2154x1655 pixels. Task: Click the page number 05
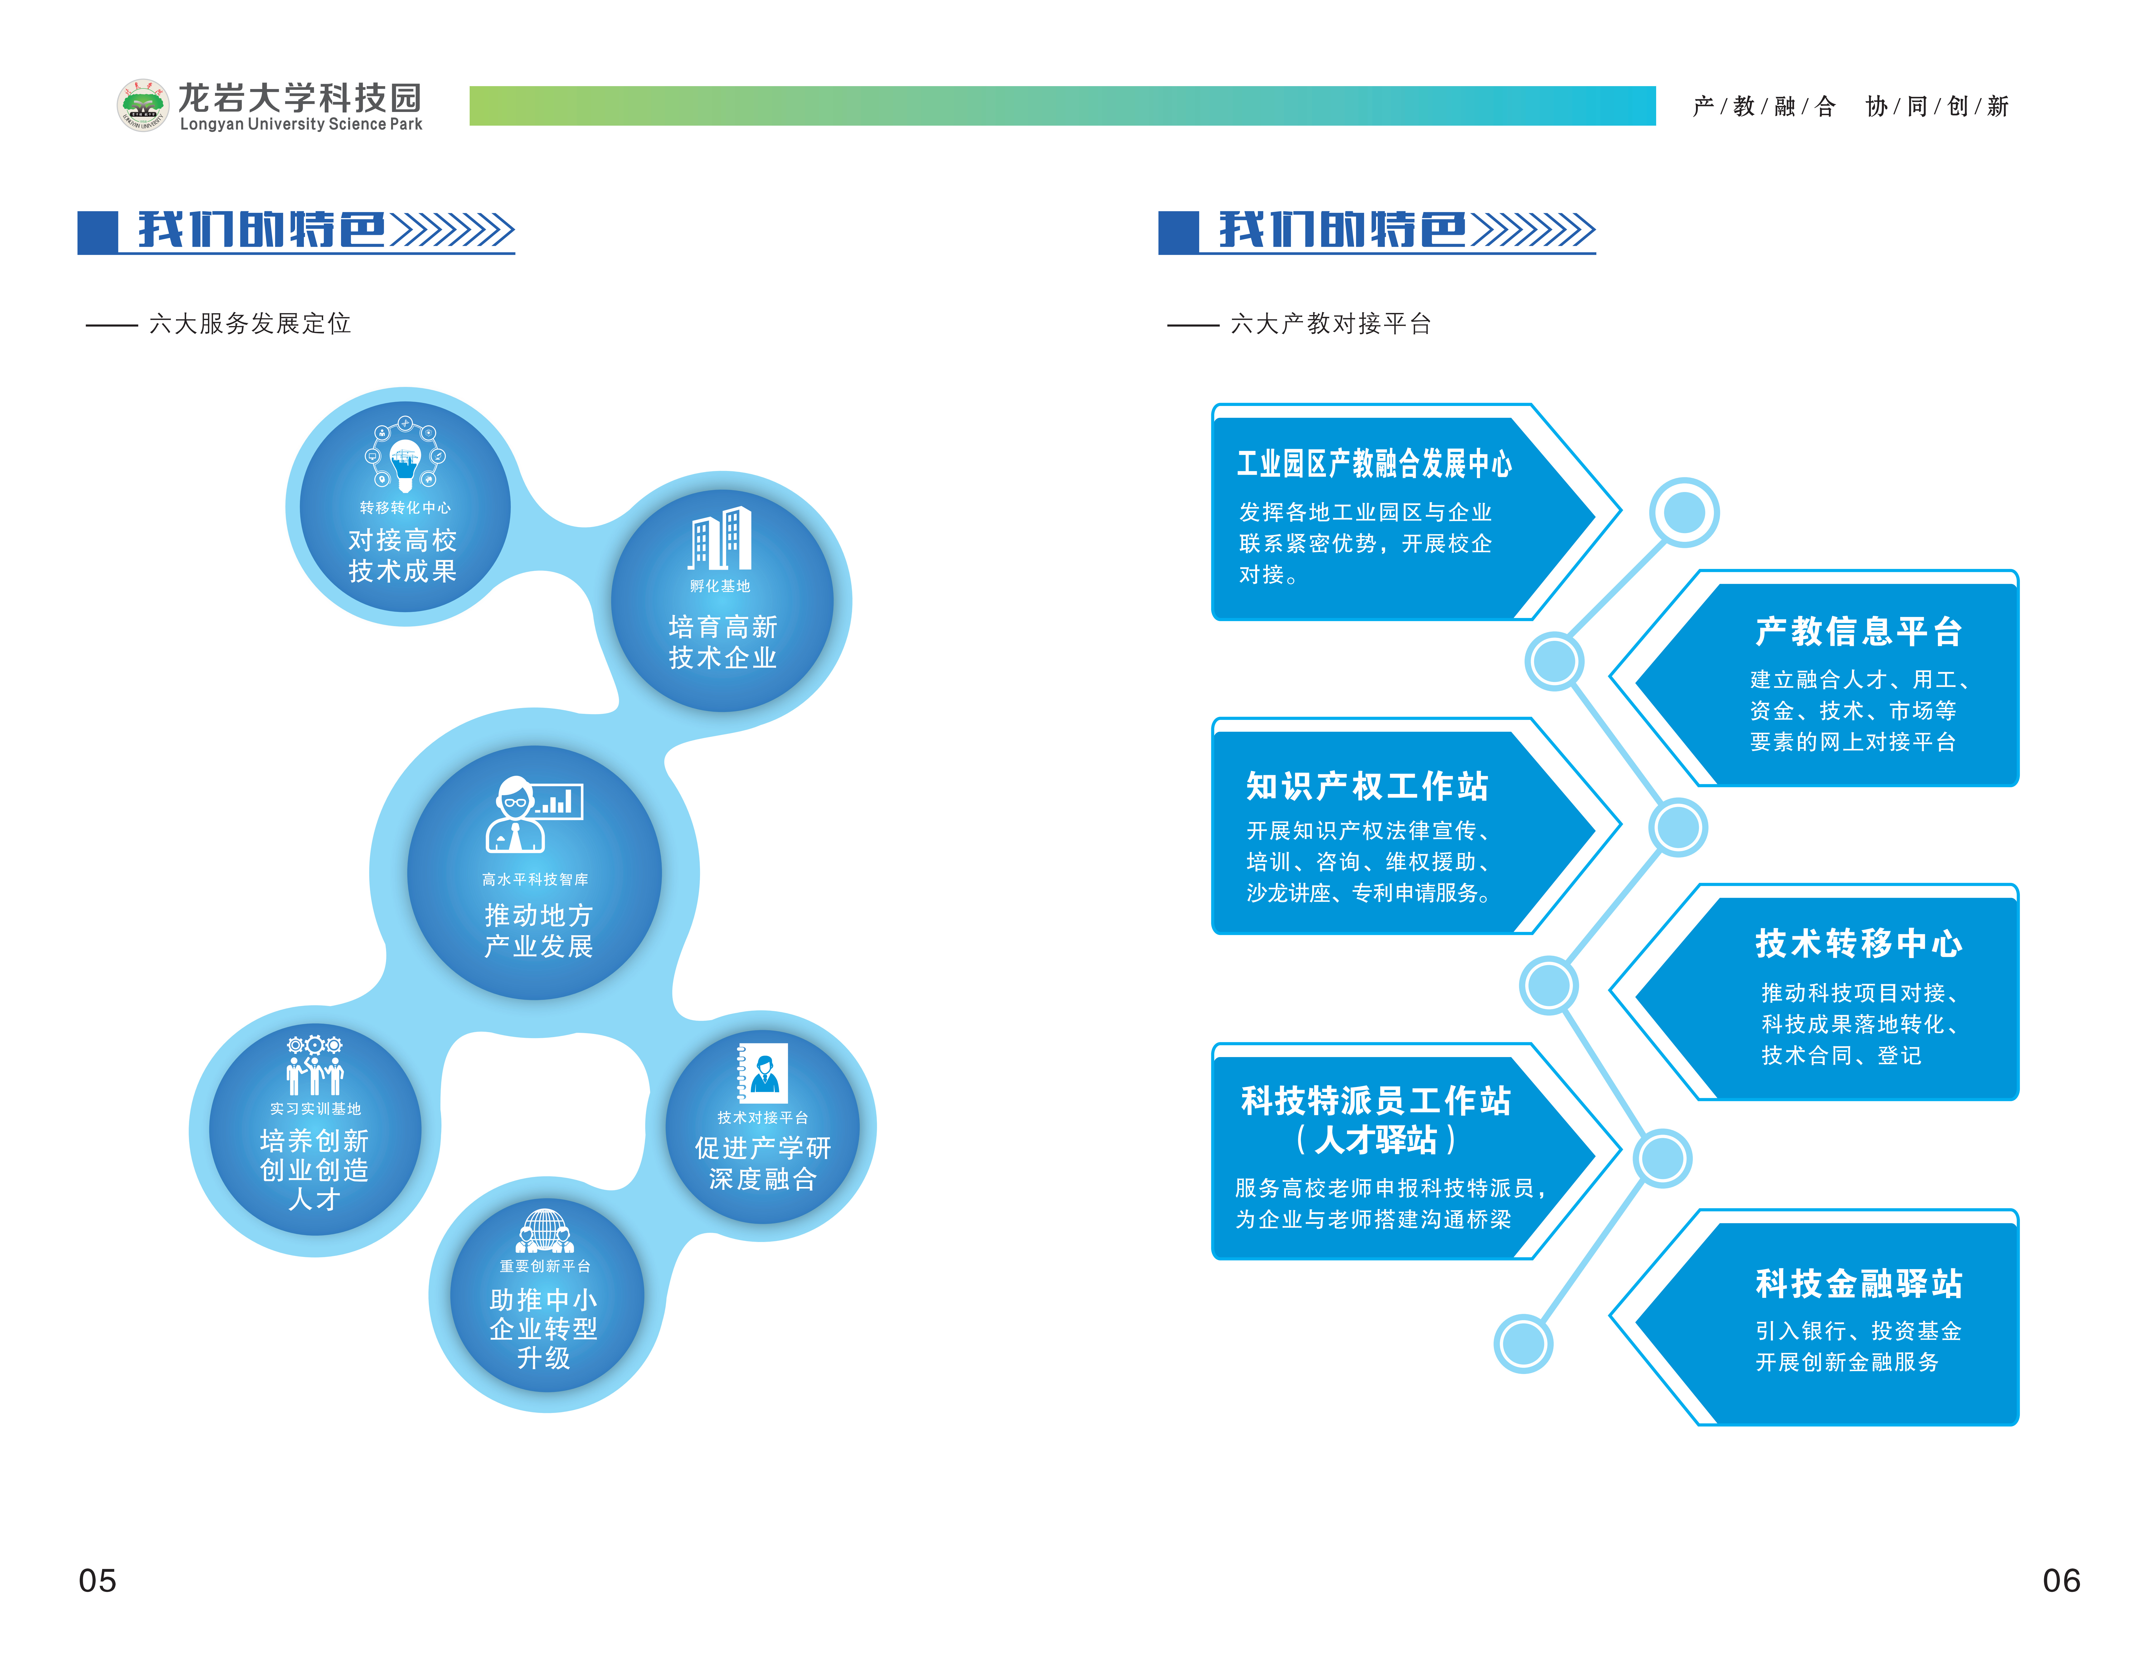[98, 1580]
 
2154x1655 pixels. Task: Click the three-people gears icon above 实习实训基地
[314, 1065]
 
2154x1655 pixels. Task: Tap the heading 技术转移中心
[1858, 943]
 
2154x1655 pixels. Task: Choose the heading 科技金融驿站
[1858, 1283]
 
